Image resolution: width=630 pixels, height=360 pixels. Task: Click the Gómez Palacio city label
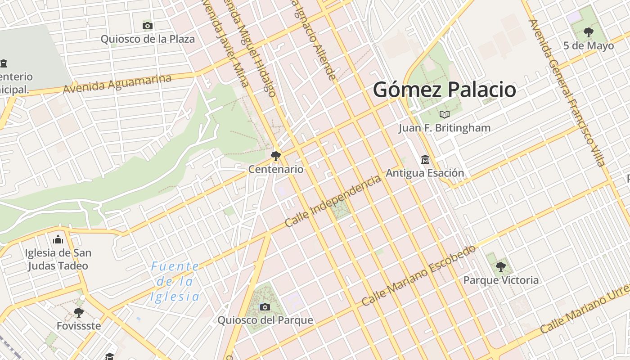point(444,90)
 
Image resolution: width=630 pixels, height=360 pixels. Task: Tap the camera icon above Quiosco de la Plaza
point(148,26)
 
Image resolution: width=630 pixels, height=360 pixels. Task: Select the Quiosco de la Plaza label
point(148,39)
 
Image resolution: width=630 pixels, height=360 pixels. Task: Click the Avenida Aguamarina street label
point(117,84)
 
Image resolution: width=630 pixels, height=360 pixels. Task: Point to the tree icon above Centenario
point(276,156)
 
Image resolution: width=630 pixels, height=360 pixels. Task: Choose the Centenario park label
point(276,170)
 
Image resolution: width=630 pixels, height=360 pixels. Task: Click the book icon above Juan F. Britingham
point(445,114)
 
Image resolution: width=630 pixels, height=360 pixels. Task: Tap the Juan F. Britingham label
point(445,128)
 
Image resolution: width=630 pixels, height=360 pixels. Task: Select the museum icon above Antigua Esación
point(425,159)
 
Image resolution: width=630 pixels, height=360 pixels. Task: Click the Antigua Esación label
point(425,173)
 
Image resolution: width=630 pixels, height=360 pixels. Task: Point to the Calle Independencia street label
point(333,201)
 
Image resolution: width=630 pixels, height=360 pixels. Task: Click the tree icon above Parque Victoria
point(500,267)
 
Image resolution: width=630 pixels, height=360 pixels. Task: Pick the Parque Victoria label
point(501,280)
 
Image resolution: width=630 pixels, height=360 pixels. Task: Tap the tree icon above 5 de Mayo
point(588,32)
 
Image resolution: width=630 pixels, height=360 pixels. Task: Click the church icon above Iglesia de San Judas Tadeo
point(58,239)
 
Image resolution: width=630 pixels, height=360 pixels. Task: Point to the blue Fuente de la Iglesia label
point(175,282)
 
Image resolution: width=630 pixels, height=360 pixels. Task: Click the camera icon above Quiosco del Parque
point(265,307)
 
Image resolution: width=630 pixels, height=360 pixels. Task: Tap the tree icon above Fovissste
point(79,312)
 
